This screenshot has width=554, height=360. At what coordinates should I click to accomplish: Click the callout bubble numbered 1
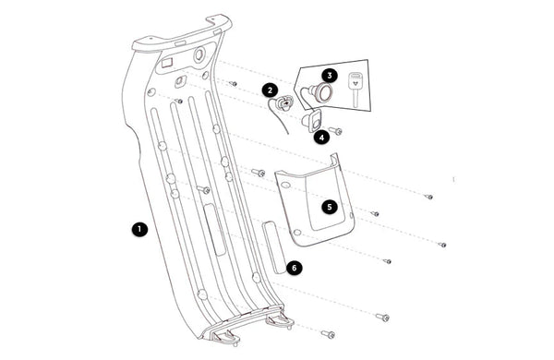[x=139, y=229]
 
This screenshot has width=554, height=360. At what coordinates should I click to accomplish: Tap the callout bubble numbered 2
[x=271, y=90]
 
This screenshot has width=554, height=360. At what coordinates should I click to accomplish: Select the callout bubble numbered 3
[x=330, y=76]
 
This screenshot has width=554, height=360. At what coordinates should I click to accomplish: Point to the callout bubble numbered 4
[x=321, y=138]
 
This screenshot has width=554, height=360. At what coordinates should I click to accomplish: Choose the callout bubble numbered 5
[x=330, y=207]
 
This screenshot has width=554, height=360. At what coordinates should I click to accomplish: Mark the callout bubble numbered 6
[x=295, y=268]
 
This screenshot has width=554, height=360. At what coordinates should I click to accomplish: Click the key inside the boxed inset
[x=355, y=89]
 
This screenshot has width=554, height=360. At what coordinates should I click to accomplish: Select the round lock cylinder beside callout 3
[x=321, y=92]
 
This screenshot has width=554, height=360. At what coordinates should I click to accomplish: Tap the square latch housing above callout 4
[x=312, y=121]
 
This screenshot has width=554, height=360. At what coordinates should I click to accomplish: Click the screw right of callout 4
[x=336, y=131]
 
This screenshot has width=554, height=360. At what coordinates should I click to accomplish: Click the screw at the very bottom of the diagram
[x=328, y=334]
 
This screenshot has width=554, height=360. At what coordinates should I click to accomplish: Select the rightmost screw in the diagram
[x=441, y=245]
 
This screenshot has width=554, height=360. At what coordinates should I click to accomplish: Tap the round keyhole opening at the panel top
[x=199, y=54]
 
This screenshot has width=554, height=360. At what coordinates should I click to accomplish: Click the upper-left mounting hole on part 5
[x=285, y=185]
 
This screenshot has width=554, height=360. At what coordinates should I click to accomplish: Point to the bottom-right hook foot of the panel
[x=281, y=319]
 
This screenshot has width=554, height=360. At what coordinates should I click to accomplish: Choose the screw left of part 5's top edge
[x=259, y=173]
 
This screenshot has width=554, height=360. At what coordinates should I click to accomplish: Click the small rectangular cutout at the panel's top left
[x=166, y=64]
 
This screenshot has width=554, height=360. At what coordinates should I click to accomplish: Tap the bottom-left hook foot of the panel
[x=225, y=339]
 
